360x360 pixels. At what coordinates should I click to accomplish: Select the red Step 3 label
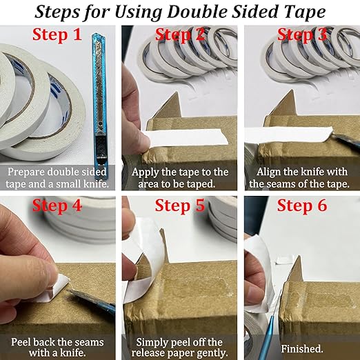click(301, 36)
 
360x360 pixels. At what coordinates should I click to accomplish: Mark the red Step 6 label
click(301, 206)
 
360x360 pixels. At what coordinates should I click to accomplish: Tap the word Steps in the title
click(62, 12)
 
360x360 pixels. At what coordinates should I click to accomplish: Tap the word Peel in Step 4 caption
click(23, 342)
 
